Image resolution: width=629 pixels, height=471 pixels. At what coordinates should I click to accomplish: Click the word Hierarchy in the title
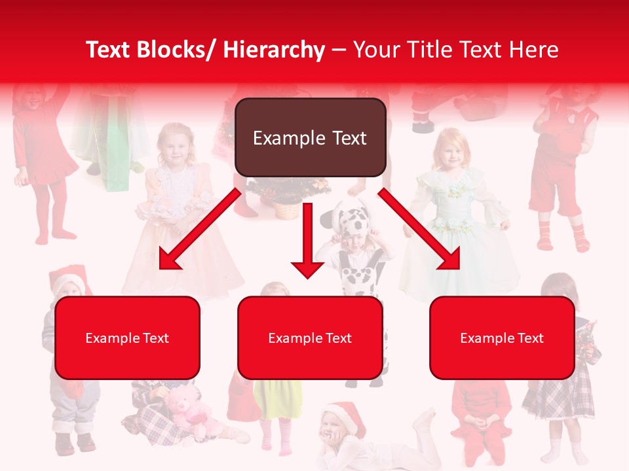tap(274, 50)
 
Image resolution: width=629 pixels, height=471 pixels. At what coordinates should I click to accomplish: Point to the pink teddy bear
tap(190, 412)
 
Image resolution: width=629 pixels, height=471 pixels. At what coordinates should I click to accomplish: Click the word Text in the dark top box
tap(345, 138)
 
